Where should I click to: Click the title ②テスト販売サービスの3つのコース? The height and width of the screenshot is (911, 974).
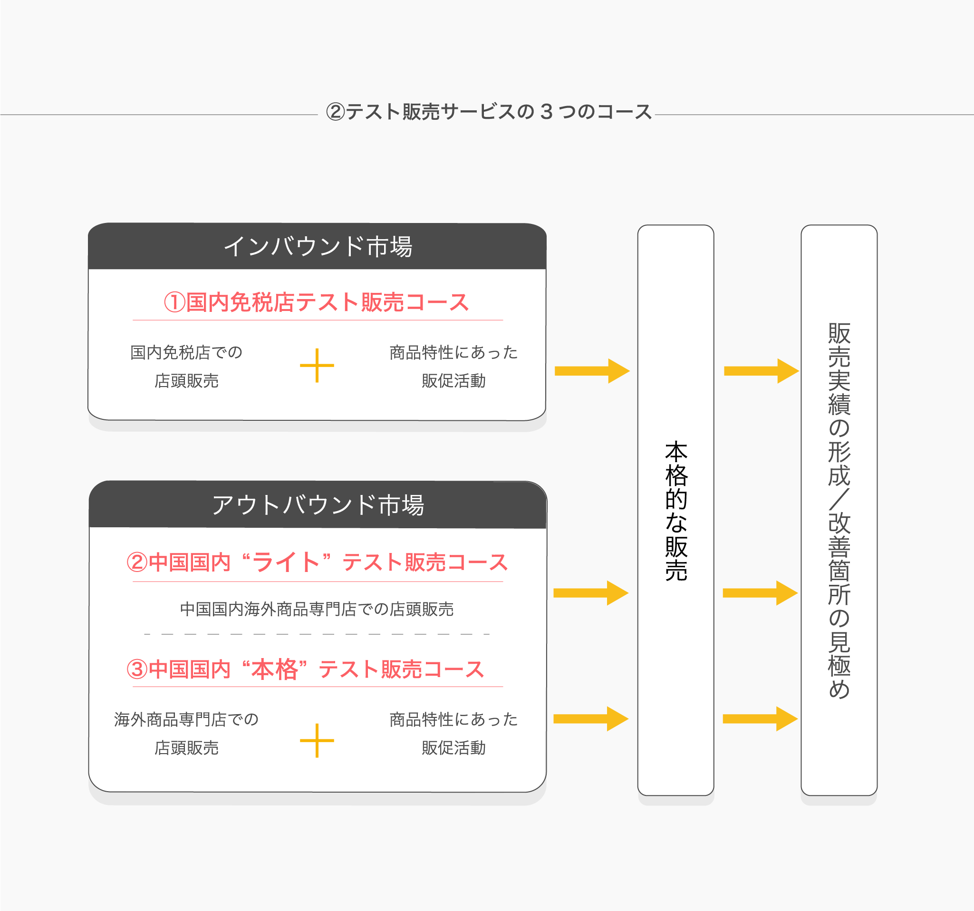[x=489, y=112]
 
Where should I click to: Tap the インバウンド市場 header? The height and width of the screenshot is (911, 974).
[x=318, y=246]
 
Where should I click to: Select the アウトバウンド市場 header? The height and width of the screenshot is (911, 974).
[x=318, y=505]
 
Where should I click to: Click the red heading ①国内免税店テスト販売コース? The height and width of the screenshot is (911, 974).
[x=317, y=302]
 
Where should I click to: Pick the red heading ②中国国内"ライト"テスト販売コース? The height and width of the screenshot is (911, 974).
[x=317, y=562]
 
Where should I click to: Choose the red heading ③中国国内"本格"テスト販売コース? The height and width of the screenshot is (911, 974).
[x=305, y=669]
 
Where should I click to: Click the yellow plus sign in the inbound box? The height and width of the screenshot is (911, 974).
[x=317, y=365]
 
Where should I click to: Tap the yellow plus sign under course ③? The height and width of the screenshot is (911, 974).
[x=317, y=740]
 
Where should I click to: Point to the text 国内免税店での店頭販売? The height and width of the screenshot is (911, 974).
[x=186, y=366]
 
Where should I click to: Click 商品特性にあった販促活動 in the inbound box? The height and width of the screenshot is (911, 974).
[x=453, y=366]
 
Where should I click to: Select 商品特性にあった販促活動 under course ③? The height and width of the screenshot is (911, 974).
[x=453, y=733]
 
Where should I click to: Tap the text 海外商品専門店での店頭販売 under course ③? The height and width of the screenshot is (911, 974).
[x=186, y=733]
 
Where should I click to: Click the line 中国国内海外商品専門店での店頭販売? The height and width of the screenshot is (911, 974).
[x=317, y=609]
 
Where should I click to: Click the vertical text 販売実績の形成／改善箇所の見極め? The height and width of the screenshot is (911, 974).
[x=839, y=510]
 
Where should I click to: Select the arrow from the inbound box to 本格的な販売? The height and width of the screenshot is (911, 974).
[x=592, y=371]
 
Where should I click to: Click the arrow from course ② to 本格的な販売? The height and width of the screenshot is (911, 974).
[x=591, y=593]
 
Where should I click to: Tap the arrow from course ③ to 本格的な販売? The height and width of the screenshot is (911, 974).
[x=591, y=719]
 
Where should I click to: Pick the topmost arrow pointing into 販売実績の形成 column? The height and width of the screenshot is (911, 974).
[x=761, y=371]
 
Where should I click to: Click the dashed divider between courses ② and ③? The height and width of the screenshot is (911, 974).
[x=317, y=634]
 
